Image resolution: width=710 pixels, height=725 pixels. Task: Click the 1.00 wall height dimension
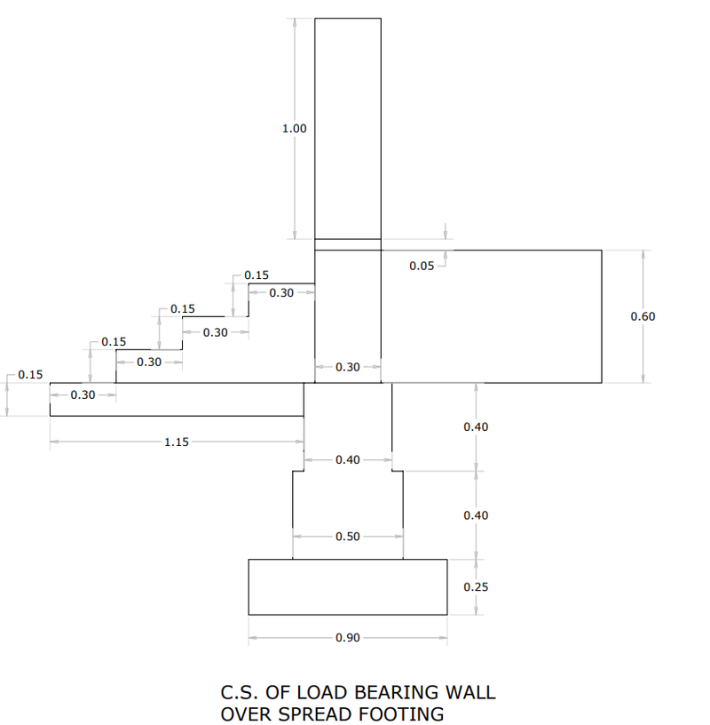pos(294,129)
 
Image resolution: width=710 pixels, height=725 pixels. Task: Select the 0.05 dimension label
pos(422,267)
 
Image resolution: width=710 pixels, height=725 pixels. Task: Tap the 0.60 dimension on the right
pos(643,316)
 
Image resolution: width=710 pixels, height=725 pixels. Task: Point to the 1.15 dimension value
pos(177,442)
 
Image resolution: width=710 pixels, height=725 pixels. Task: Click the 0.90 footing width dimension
pos(348,638)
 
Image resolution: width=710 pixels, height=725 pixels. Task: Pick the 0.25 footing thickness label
pos(476,587)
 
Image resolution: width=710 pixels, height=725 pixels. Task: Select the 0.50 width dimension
pos(348,537)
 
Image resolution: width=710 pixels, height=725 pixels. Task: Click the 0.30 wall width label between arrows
pos(348,367)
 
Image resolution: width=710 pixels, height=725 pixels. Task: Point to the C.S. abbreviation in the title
pos(237,692)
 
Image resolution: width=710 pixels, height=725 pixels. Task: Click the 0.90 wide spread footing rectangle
pos(348,586)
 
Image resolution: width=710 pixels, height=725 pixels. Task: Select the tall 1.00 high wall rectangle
pos(348,129)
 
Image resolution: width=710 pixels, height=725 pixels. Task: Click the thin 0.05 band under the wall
pos(348,244)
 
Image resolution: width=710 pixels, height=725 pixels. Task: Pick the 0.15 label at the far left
pos(30,375)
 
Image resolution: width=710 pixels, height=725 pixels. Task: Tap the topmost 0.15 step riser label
pos(256,275)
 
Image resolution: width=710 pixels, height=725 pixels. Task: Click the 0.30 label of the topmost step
pos(281,293)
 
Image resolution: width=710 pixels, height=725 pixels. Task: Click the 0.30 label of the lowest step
pos(83,395)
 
